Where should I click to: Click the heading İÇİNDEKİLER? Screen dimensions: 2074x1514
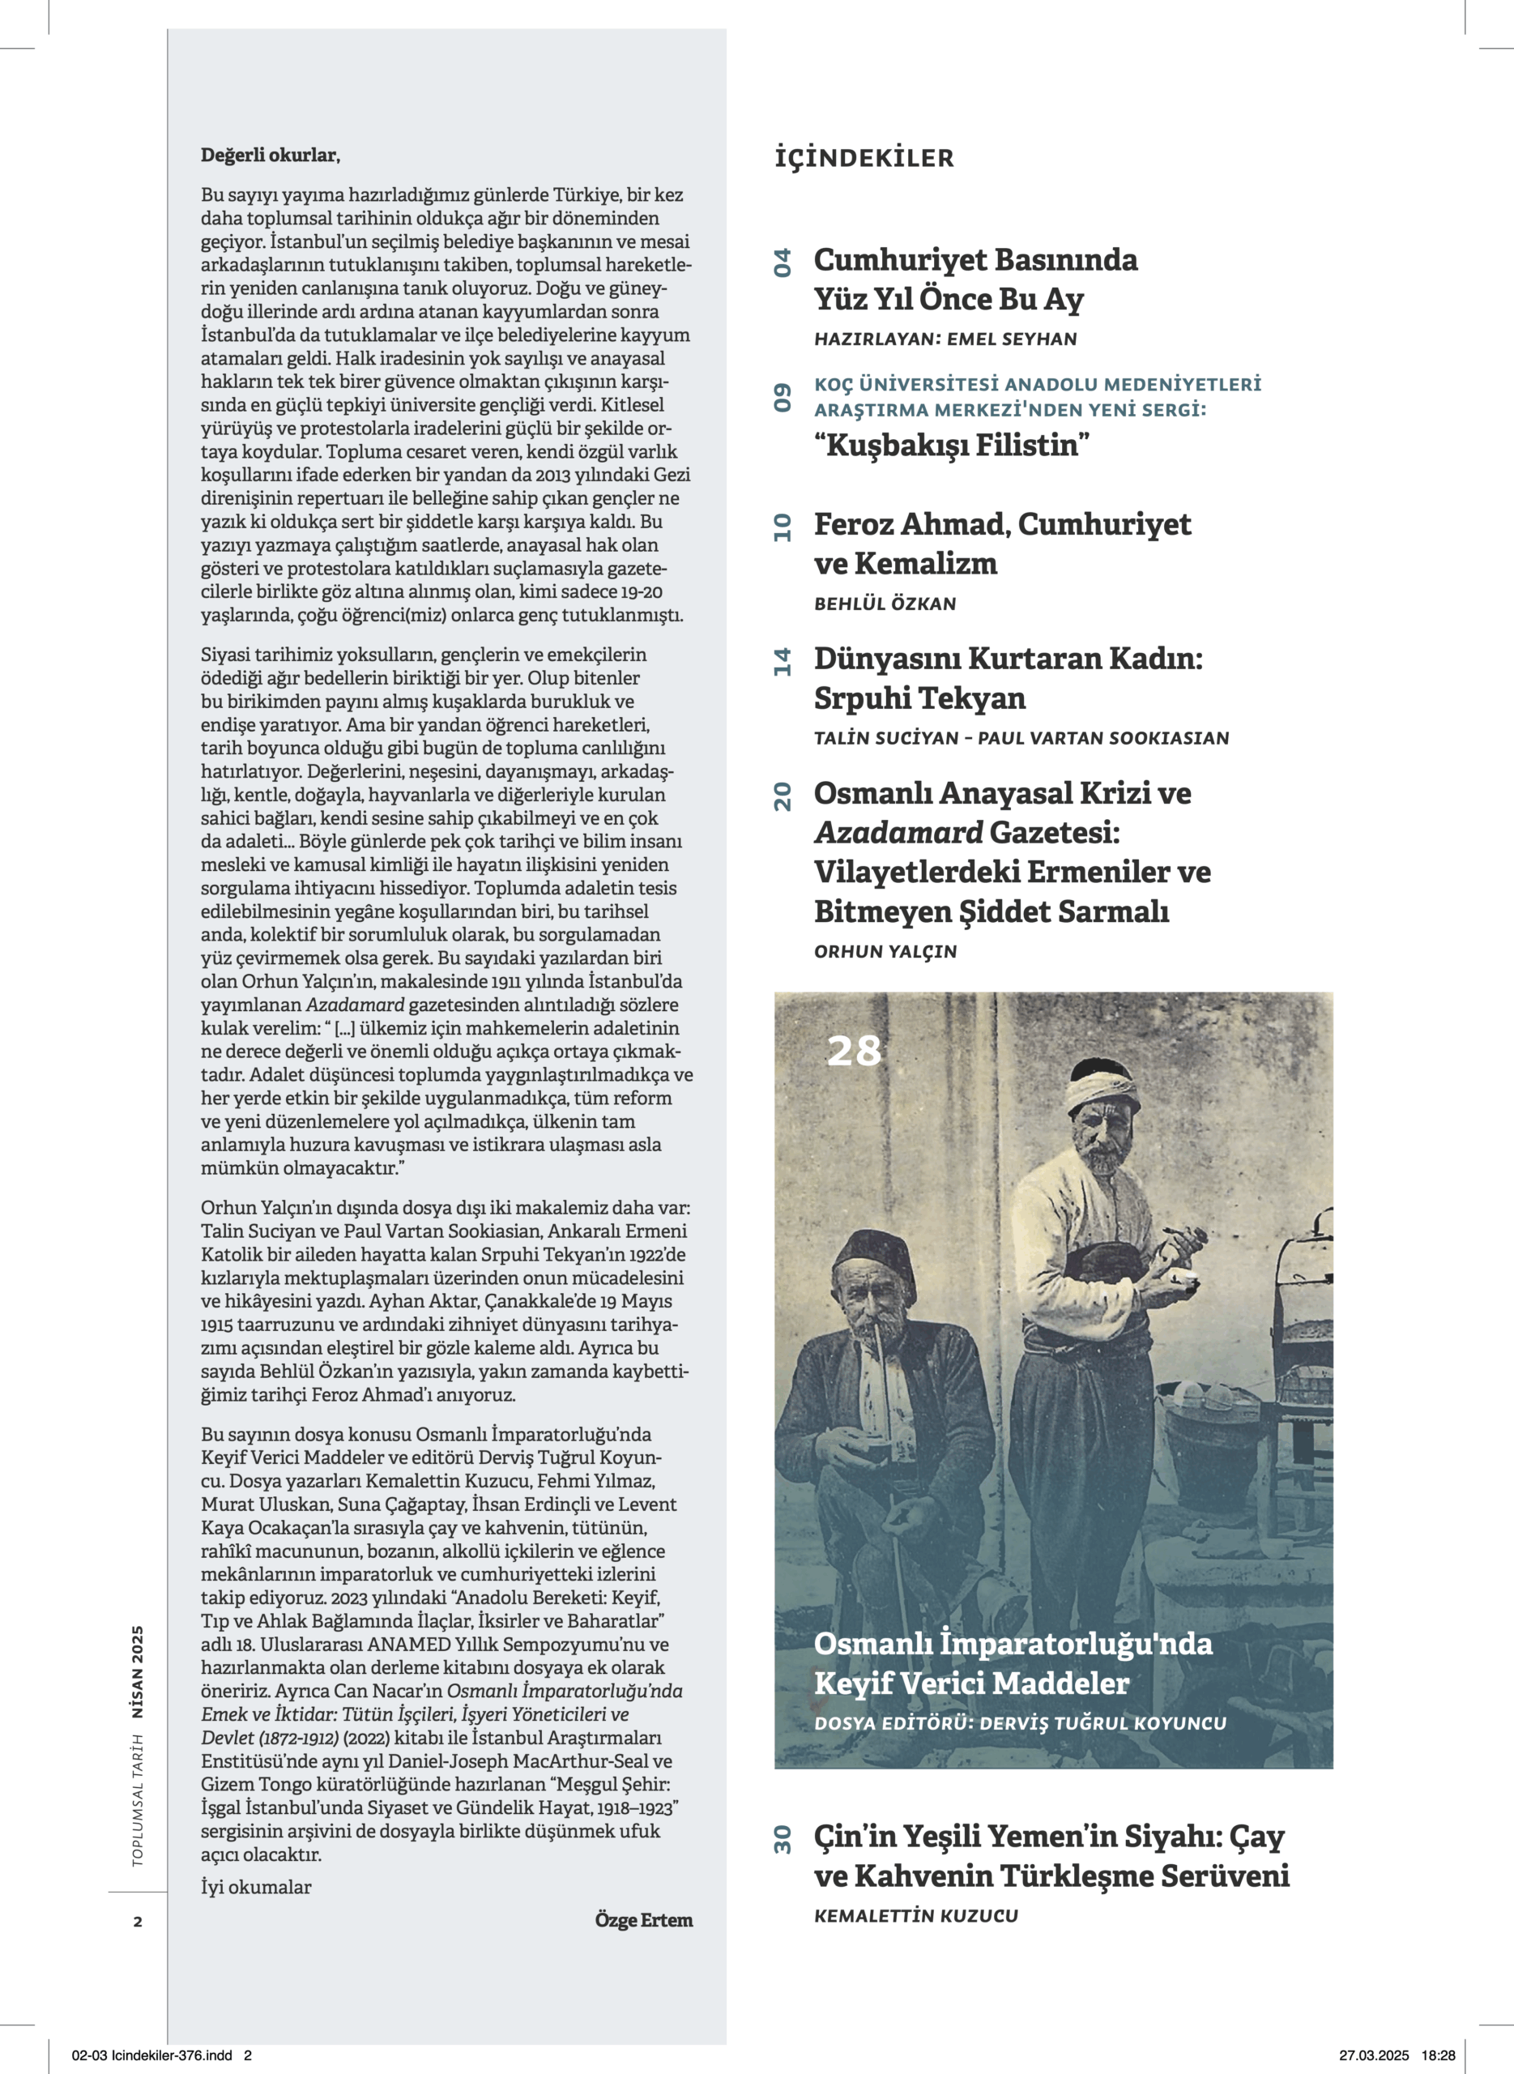(x=864, y=158)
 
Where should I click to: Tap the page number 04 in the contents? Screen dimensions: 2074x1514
(x=782, y=263)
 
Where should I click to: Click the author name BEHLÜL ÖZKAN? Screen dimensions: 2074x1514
(x=885, y=604)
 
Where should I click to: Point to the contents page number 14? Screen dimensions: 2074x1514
(x=782, y=662)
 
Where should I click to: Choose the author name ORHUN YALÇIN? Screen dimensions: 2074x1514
(x=885, y=951)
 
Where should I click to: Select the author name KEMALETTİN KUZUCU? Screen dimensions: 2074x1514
(x=916, y=1915)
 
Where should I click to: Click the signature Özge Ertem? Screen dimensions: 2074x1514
(x=643, y=1920)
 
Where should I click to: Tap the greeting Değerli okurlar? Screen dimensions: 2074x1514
(x=271, y=156)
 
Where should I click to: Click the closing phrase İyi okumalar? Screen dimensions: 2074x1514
(x=256, y=1887)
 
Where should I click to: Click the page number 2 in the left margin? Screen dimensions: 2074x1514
(x=138, y=1922)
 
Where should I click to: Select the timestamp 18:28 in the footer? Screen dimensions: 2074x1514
(x=1438, y=2055)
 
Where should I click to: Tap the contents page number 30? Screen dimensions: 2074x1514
(x=782, y=1841)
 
